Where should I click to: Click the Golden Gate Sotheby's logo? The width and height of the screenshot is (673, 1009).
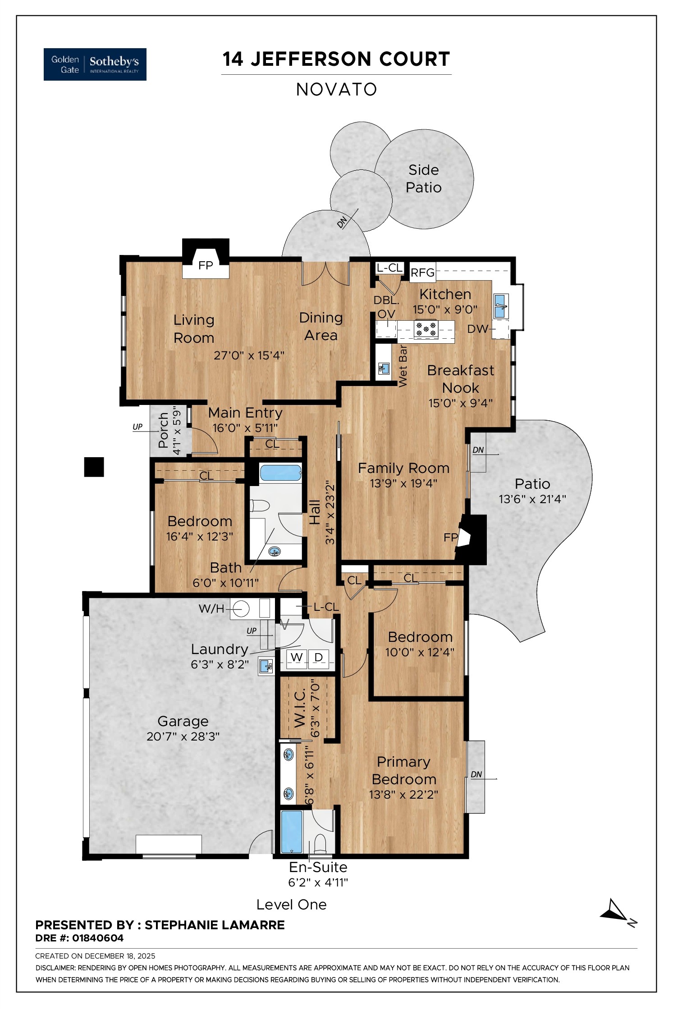click(95, 64)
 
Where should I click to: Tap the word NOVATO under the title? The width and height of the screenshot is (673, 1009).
click(336, 90)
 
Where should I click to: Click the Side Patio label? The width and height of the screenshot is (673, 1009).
click(423, 178)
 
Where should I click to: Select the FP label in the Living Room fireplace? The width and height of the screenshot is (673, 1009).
click(206, 265)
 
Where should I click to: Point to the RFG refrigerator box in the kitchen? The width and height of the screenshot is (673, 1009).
click(422, 273)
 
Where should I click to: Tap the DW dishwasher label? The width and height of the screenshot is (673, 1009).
click(477, 329)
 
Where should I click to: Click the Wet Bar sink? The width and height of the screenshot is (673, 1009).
click(384, 369)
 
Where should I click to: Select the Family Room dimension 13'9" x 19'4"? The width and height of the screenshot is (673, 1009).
click(403, 483)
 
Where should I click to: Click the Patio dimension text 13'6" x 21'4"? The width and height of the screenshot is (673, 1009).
click(532, 499)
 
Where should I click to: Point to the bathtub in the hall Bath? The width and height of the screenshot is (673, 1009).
click(280, 473)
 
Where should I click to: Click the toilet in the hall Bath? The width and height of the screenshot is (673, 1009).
click(260, 506)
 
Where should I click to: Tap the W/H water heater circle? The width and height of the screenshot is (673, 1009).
click(241, 609)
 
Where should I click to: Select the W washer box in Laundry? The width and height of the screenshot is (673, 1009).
click(296, 657)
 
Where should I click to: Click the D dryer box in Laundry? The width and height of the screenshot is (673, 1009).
click(319, 657)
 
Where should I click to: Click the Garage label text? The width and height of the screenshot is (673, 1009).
click(183, 722)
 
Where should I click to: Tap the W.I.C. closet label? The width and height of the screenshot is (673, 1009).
click(300, 707)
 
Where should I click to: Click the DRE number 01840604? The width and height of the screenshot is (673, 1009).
click(98, 938)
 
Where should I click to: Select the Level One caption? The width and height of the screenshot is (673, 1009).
click(291, 904)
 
